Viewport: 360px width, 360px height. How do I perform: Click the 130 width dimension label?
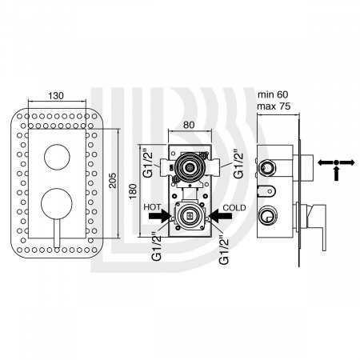tap(56, 96)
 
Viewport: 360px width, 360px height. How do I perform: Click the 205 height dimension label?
tap(113, 181)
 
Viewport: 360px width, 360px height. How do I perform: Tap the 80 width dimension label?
tap(189, 125)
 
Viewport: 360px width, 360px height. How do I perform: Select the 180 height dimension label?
tap(133, 191)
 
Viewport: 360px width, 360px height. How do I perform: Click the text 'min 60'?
tap(273, 94)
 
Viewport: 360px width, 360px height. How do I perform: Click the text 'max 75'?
tap(274, 106)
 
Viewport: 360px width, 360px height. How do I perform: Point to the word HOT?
tap(152, 207)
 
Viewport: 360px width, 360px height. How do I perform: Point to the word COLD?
tap(234, 207)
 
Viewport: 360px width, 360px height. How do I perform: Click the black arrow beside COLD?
tap(220, 216)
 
